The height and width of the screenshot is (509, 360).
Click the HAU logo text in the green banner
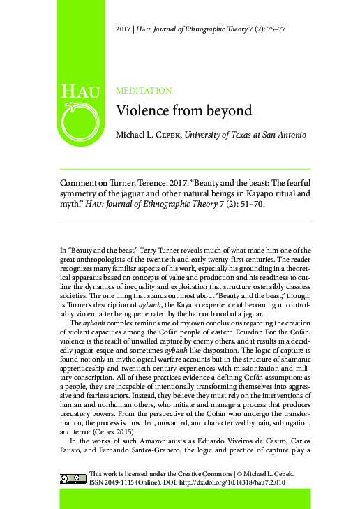click(x=80, y=91)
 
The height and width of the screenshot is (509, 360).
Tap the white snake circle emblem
click(x=80, y=120)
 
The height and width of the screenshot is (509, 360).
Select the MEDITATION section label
click(x=144, y=91)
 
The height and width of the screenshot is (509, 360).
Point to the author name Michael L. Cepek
click(x=149, y=134)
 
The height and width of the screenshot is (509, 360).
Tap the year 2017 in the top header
click(x=123, y=29)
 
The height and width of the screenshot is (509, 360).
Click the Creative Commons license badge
click(x=73, y=478)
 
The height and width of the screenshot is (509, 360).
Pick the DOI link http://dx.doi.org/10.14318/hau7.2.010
click(x=234, y=482)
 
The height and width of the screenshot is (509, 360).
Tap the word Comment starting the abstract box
click(x=82, y=183)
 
